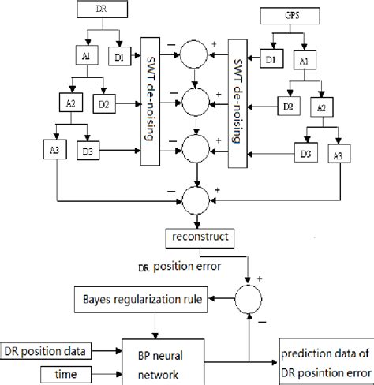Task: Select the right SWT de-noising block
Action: click(x=237, y=99)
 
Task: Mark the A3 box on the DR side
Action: click(x=33, y=148)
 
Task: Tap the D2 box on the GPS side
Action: click(x=291, y=105)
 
